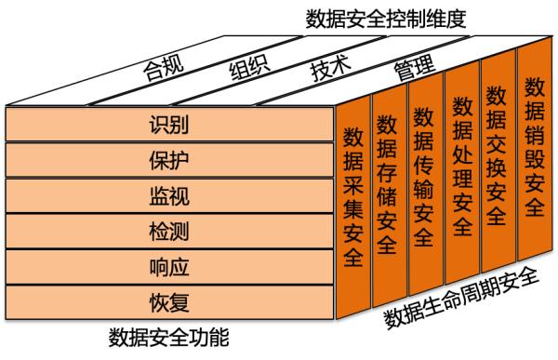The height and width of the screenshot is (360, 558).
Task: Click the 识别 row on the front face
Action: point(168,124)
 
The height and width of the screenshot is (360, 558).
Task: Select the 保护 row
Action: point(168,160)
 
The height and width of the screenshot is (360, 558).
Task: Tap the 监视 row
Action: point(168,195)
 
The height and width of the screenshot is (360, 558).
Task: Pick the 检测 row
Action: point(168,231)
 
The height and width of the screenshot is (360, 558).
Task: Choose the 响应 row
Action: point(168,267)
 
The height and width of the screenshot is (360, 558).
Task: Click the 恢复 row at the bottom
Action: point(168,302)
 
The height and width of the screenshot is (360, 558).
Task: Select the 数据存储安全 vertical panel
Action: point(388,185)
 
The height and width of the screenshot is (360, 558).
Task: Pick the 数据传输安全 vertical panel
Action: point(423,177)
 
